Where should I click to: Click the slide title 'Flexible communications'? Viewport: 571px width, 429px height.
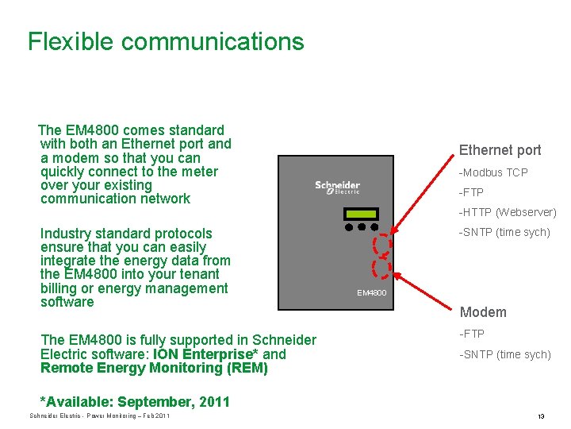pos(166,41)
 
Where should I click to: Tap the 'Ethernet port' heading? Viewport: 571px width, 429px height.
pos(500,150)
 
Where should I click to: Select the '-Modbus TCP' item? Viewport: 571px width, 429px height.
pos(493,172)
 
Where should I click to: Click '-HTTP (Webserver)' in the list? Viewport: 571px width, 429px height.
pos(508,212)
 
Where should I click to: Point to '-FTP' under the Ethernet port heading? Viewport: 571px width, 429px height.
pos(471,192)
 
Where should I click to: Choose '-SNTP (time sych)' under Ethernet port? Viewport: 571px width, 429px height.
pos(504,232)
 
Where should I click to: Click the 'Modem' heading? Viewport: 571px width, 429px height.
pos(483,312)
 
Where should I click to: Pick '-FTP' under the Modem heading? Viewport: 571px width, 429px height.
pos(471,334)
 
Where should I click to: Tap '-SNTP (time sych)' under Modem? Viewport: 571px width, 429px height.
pos(504,354)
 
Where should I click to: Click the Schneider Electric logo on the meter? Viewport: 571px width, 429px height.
pos(338,187)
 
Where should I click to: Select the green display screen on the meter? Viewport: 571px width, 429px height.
pos(361,214)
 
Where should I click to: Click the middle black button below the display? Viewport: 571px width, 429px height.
pos(362,226)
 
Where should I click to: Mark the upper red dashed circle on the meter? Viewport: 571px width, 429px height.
pos(383,245)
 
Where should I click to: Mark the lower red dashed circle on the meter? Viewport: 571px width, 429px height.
pos(383,270)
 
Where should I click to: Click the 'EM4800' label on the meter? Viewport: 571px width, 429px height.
pos(371,293)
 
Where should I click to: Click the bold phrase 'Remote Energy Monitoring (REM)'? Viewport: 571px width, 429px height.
pos(154,368)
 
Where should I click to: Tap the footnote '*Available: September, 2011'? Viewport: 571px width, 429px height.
pos(135,402)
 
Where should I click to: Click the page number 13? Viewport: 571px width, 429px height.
pos(540,416)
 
